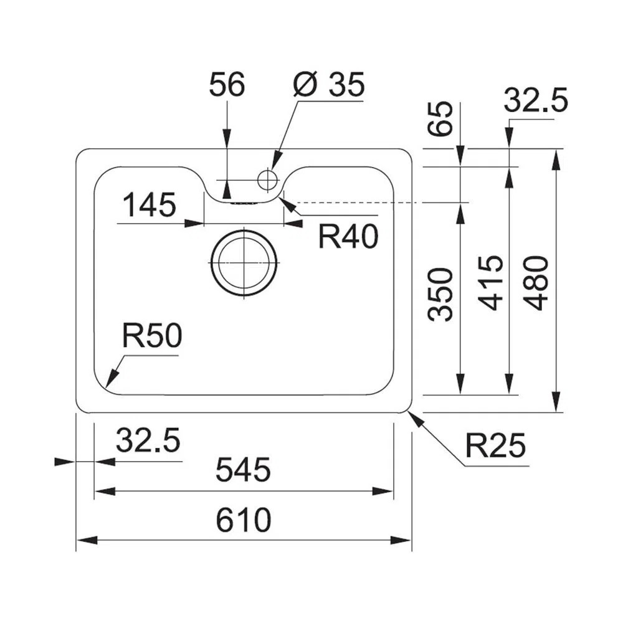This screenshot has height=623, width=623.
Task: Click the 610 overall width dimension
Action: point(244,521)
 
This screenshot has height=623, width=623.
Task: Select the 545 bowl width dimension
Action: point(243,470)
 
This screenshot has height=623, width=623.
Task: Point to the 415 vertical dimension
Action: point(490,283)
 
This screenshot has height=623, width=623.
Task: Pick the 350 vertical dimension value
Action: point(440,294)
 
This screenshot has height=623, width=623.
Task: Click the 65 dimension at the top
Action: point(440,119)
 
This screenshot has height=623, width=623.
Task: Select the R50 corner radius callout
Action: point(151,337)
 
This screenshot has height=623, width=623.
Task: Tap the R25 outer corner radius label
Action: point(496,446)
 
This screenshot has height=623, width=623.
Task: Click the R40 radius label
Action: point(348,237)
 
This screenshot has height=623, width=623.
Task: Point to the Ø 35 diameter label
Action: point(328,85)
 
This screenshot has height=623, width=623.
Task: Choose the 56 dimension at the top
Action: point(227,85)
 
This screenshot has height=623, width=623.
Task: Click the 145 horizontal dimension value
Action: point(150,205)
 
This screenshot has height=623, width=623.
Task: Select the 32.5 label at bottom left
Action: point(148,441)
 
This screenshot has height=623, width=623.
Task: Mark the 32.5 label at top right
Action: point(536,101)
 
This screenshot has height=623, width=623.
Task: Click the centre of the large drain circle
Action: point(244,262)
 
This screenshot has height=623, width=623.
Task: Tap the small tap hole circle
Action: point(267,179)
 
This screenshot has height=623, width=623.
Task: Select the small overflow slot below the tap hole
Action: point(244,202)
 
